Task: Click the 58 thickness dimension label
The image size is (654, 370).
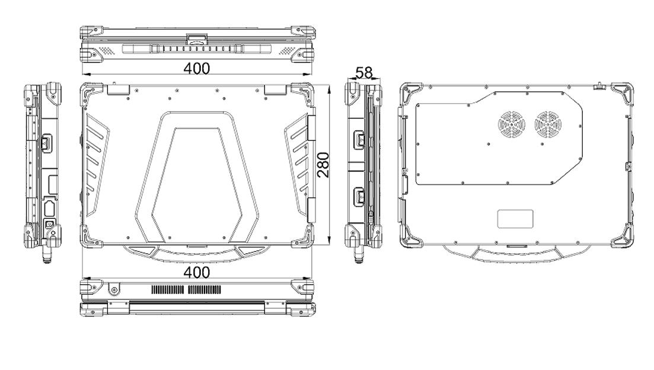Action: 363,72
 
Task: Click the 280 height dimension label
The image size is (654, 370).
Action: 323,165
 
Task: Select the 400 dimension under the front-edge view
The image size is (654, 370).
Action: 197,68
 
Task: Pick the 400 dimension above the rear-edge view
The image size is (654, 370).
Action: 197,272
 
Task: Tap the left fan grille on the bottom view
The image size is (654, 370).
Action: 511,125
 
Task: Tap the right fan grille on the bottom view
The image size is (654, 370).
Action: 548,125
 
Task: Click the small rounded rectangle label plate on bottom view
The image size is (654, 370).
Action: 515,219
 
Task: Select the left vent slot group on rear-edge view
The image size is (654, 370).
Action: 167,290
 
